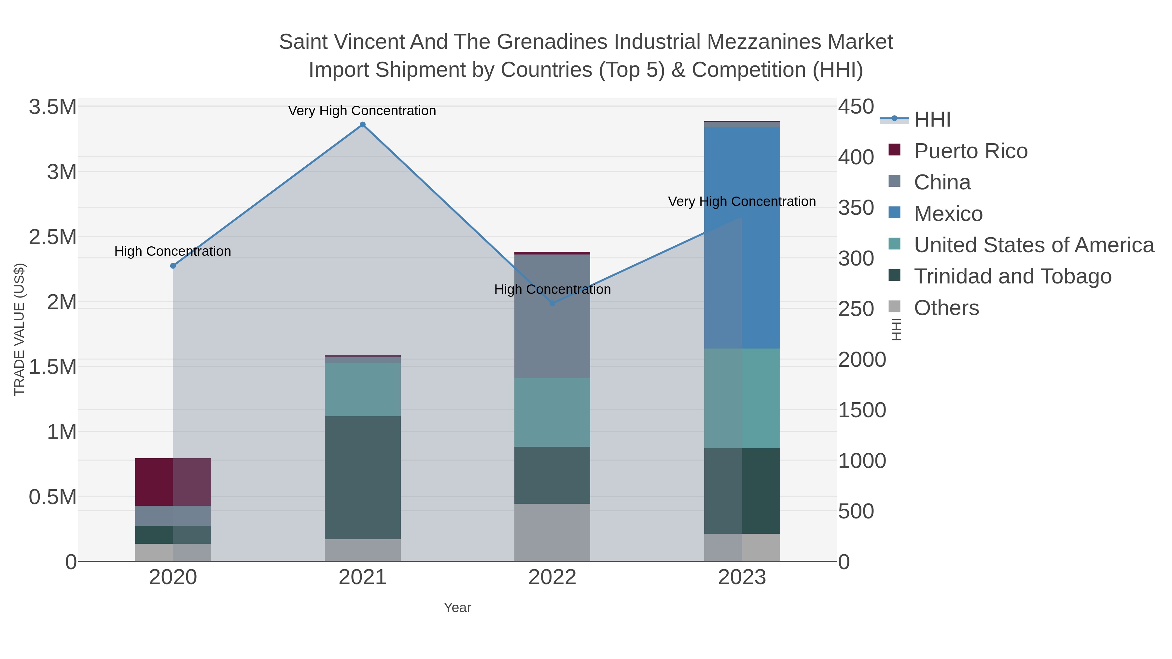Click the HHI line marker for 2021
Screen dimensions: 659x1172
[x=363, y=125]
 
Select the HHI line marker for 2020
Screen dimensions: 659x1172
[x=173, y=266]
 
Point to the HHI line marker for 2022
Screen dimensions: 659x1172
[x=552, y=303]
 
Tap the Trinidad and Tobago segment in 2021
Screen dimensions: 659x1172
[x=363, y=477]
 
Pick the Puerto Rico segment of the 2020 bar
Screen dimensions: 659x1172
[x=173, y=482]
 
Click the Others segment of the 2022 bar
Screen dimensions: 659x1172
[x=552, y=532]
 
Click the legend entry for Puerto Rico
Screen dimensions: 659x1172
[x=970, y=151]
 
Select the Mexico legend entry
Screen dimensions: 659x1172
[x=948, y=214]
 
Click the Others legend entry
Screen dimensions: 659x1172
[x=946, y=308]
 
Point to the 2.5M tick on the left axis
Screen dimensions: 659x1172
[x=53, y=237]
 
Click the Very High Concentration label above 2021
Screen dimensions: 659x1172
[x=362, y=111]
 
